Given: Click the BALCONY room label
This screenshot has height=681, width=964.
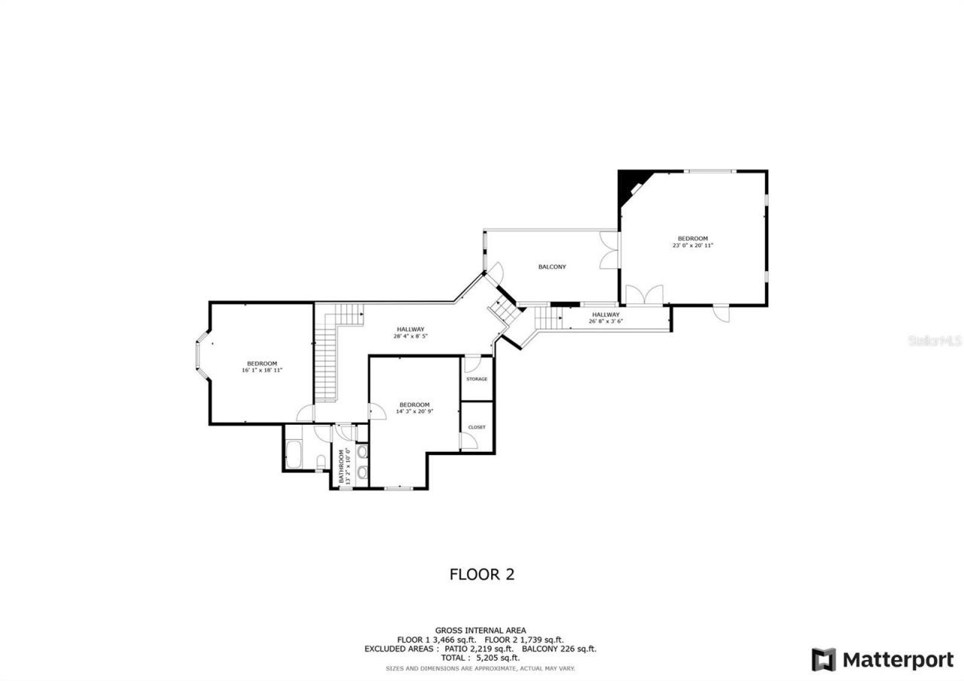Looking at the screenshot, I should tap(551, 267).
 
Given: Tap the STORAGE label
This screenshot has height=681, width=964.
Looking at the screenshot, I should tap(476, 379).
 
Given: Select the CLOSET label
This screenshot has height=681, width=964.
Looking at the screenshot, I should tap(476, 427).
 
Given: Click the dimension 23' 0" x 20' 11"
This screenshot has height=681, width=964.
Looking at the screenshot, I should tap(692, 246).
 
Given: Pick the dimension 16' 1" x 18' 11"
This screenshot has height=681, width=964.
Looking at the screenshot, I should tap(261, 371).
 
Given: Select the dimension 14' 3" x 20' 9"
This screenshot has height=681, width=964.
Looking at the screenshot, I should tap(414, 411).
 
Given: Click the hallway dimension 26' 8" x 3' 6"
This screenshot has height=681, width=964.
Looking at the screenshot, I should tap(606, 322).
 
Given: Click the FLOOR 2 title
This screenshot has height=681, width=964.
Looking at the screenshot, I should tap(481, 574).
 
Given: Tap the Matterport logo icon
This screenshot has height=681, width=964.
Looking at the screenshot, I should tap(823, 660).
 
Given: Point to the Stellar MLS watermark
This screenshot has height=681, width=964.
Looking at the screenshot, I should tap(935, 340).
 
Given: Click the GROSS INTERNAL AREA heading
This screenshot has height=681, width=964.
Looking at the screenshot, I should tap(480, 631).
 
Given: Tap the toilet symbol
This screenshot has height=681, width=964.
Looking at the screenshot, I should tap(322, 461).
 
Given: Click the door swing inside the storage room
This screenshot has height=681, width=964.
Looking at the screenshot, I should tap(471, 365).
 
